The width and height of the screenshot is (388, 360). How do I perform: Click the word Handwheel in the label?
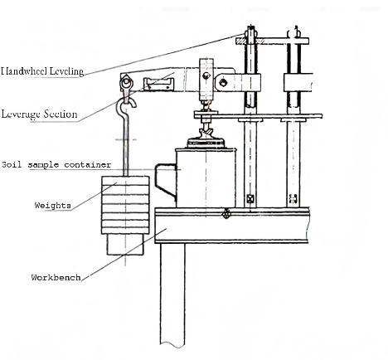click(24, 71)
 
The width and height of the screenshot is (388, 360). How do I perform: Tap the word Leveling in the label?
click(67, 71)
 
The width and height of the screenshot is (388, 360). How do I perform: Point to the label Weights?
click(53, 206)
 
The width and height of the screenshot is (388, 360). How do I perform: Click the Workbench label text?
click(56, 277)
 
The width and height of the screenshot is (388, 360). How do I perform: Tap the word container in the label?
click(88, 165)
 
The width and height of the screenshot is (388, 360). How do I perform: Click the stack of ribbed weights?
click(126, 205)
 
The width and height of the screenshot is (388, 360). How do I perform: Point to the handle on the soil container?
click(165, 181)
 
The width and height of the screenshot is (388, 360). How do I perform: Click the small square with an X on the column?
click(250, 198)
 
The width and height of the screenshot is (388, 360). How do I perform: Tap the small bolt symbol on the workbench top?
click(226, 213)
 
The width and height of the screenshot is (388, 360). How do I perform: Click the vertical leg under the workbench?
click(172, 295)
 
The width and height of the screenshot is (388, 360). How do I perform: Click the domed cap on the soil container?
click(206, 143)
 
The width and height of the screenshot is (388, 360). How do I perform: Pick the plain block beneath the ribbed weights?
click(126, 244)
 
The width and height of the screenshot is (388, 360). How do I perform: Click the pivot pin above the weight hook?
click(126, 82)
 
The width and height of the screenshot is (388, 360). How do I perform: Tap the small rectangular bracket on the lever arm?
click(158, 84)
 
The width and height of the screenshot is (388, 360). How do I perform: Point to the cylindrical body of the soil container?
click(206, 178)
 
